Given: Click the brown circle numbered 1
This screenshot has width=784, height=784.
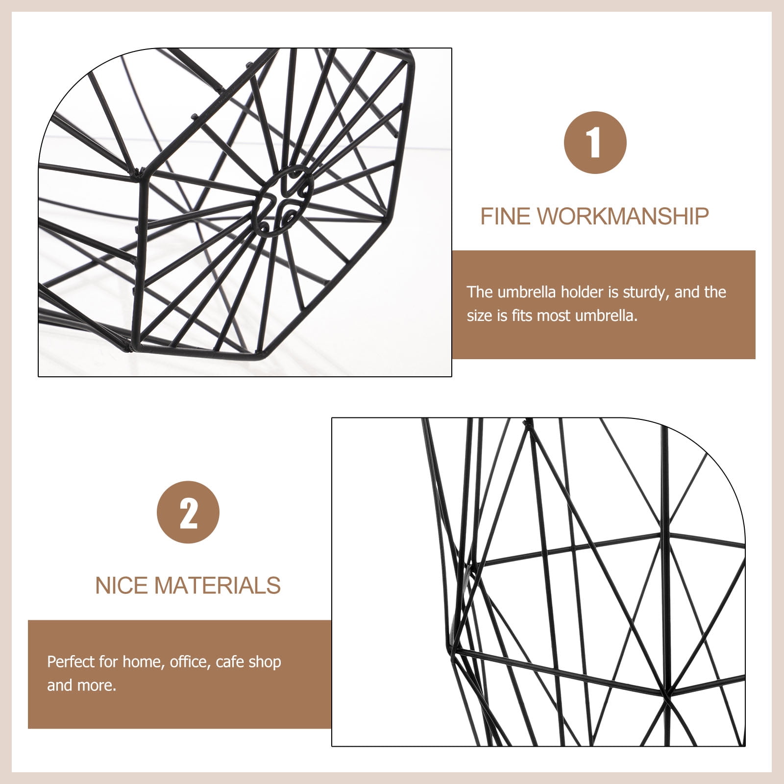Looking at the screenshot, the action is [595, 143].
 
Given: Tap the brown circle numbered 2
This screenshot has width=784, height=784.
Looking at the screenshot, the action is [188, 512].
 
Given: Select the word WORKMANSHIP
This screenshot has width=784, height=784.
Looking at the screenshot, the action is [623, 216].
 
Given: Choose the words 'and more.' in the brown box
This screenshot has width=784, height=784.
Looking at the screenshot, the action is [82, 686].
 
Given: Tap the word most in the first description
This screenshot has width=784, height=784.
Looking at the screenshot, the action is [554, 316].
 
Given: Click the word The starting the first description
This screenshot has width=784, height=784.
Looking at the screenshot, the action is [480, 292].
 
